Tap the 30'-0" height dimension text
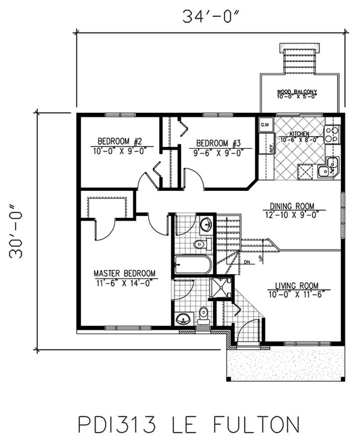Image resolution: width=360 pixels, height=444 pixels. pyautogui.click(x=17, y=231)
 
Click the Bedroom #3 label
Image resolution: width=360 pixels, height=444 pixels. pyautogui.click(x=219, y=144)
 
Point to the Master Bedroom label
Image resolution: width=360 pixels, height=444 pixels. pyautogui.click(x=124, y=274)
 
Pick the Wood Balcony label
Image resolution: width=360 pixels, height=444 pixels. pyautogui.click(x=297, y=92)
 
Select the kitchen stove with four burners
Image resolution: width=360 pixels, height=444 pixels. pyautogui.click(x=331, y=134)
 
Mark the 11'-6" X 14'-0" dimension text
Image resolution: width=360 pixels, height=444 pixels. pyautogui.click(x=124, y=283)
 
